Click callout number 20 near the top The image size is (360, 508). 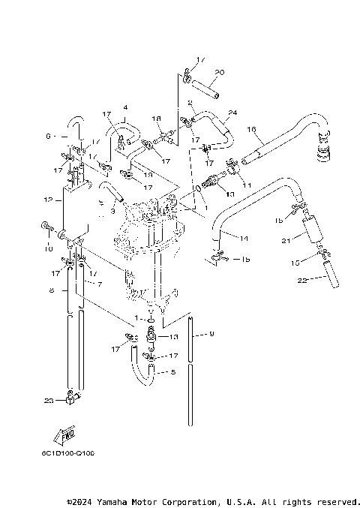[218, 73]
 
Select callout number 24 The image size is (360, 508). [232, 113]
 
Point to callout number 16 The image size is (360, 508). [253, 129]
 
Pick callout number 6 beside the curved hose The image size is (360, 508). [47, 137]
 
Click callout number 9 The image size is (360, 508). [212, 333]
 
